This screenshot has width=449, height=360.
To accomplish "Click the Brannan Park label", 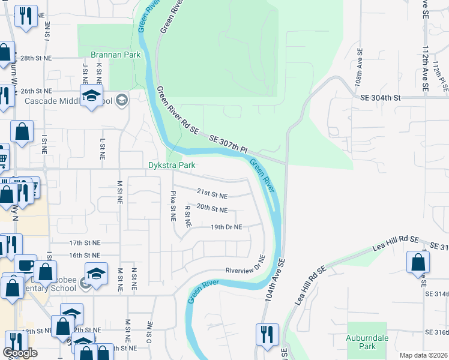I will click(x=115, y=55).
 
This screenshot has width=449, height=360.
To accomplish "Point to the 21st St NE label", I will click(x=212, y=196).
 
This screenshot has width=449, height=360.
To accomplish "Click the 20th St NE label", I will click(x=212, y=210).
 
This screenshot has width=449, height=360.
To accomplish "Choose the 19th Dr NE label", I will click(x=226, y=227).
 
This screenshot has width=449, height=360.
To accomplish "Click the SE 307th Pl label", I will click(x=229, y=143).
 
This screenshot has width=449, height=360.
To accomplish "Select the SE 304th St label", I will click(x=380, y=98).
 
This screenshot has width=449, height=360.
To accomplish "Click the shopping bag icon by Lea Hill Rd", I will click(x=418, y=262).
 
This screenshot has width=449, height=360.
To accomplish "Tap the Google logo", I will click(x=20, y=353).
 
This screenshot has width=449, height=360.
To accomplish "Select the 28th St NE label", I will click(x=36, y=59).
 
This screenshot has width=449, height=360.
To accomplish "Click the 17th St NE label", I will click(x=85, y=243).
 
